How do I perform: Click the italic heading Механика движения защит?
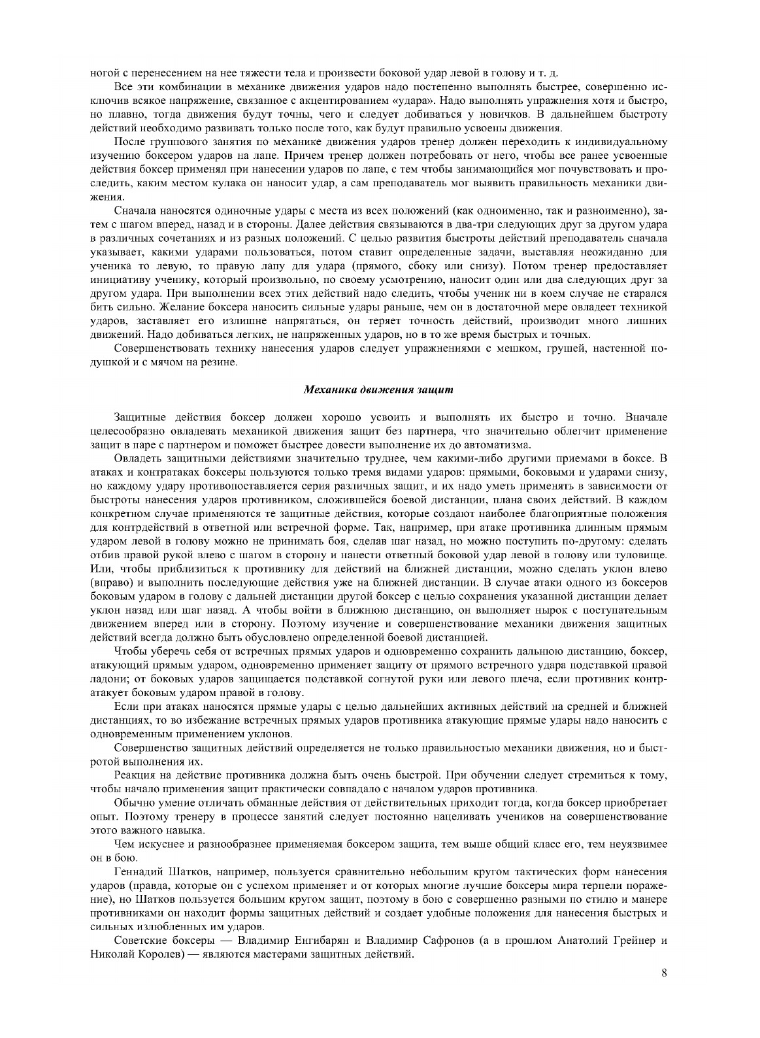coord(379,390)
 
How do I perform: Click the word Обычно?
coord(133,803)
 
